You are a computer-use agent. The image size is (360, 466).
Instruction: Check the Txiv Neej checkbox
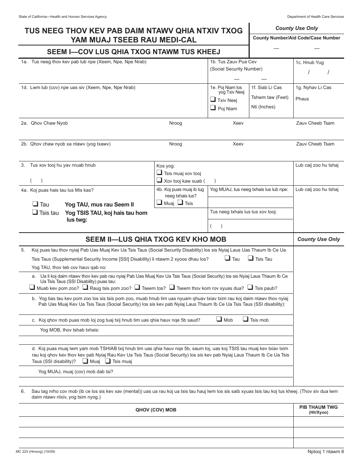(213, 100)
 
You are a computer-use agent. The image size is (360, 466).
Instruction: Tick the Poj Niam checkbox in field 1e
(213, 108)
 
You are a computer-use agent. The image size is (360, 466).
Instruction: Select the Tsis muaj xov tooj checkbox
(159, 173)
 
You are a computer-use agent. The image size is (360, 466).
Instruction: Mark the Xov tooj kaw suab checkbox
(159, 181)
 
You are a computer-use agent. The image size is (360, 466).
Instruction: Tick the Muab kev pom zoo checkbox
(32, 288)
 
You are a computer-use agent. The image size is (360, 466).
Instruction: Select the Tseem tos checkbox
(138, 288)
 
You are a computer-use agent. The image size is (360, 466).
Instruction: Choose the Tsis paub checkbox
(250, 288)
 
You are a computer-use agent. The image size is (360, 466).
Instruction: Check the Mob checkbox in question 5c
(219, 319)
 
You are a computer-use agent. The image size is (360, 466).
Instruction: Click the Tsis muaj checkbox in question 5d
(108, 361)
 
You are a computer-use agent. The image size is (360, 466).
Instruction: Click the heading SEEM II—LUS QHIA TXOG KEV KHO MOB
(156, 239)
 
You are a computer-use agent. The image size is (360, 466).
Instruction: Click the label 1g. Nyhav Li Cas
(313, 88)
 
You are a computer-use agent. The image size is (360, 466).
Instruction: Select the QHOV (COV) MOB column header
(156, 410)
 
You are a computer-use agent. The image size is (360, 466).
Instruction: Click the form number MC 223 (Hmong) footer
(38, 452)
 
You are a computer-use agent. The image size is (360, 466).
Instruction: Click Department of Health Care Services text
(315, 17)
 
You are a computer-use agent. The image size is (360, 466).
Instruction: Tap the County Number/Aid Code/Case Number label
(296, 38)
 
